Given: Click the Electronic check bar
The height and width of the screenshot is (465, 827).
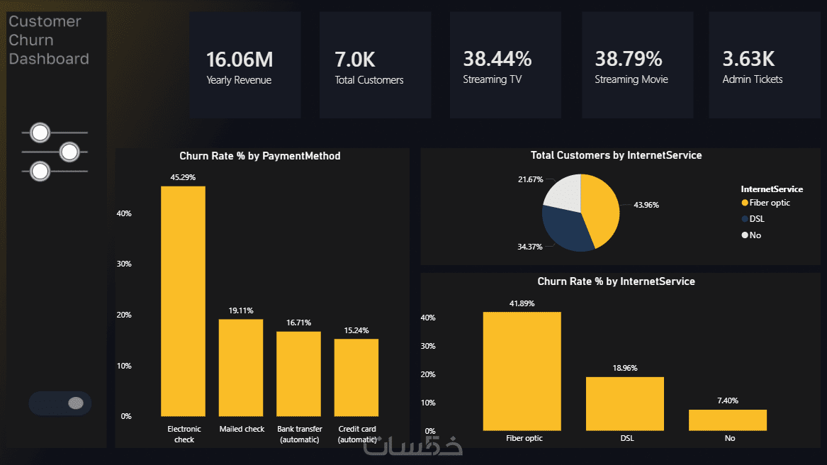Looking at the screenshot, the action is (x=183, y=301).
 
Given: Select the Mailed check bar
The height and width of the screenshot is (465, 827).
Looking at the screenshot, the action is (x=241, y=368).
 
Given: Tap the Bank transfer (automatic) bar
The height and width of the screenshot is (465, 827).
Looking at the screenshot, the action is (x=298, y=374).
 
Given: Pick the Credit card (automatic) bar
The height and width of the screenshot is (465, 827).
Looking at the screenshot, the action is (x=356, y=377).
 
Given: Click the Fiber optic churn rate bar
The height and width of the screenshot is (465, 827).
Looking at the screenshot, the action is (x=522, y=371).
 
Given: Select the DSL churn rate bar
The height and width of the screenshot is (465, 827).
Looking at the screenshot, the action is (x=625, y=404).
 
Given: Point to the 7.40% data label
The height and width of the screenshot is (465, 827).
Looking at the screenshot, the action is (x=728, y=400).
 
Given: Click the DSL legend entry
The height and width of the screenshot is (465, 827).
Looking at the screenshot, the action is (x=753, y=219).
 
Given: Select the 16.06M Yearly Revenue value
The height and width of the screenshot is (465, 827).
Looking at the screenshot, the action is (x=240, y=60).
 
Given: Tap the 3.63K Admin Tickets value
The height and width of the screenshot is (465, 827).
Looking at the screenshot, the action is (x=748, y=59).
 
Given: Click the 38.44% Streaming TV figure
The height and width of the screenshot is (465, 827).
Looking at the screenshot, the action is (x=497, y=59).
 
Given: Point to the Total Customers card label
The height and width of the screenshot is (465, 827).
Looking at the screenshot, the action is (x=369, y=80).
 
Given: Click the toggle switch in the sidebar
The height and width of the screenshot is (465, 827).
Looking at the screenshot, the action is (x=60, y=403).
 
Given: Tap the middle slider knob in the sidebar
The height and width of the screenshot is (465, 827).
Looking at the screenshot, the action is (x=69, y=152).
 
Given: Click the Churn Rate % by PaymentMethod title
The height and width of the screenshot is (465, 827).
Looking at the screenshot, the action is (x=260, y=156).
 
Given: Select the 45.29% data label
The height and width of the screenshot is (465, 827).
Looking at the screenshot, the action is (x=183, y=177).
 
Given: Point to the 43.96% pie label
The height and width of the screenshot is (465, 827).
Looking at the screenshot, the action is (x=646, y=205).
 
